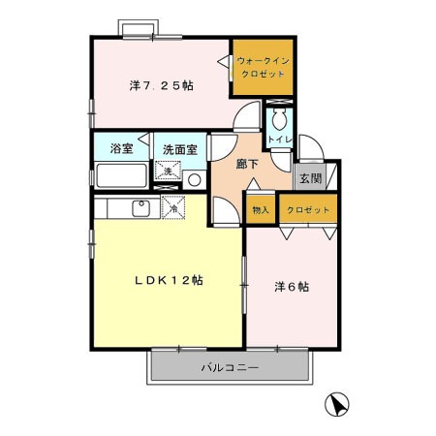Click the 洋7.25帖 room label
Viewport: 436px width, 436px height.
coord(162,86)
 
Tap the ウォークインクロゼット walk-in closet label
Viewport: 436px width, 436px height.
coord(263,67)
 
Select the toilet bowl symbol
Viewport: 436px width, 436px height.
coord(279,119)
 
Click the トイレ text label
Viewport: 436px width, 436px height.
coord(280,140)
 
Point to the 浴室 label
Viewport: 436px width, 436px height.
coord(121,148)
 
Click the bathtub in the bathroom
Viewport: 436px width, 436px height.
coord(121,175)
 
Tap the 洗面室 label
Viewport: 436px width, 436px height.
coord(180,149)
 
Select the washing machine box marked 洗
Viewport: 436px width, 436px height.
coord(168,171)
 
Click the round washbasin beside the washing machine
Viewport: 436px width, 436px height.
coord(195,180)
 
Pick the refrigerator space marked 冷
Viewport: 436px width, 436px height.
coord(173,207)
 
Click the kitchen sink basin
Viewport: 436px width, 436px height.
coord(140,208)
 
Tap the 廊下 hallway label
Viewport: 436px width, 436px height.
coord(247,165)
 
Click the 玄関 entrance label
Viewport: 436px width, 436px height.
coord(310,178)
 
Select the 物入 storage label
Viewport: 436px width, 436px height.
coord(261,210)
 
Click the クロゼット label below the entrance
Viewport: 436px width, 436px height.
coord(308,210)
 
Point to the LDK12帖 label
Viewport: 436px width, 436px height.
coord(169,280)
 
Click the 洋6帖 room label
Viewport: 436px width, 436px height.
coord(292,287)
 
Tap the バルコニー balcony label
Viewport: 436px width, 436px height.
coord(230,367)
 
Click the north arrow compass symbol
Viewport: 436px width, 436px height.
coord(337,404)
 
